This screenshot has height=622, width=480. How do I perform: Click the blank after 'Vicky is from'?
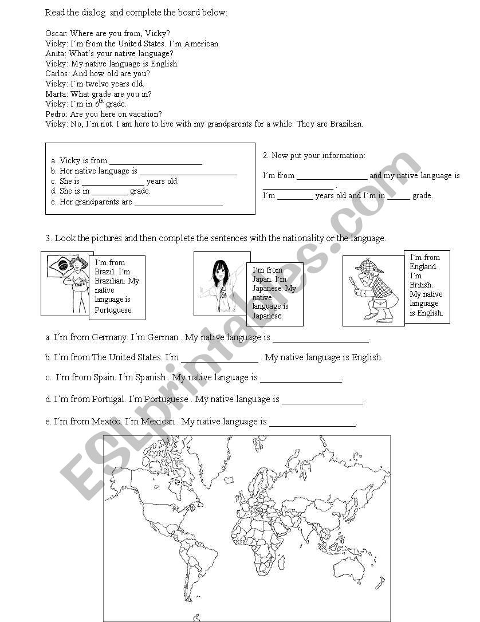(155, 161)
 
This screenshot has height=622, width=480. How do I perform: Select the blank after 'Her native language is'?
(188, 171)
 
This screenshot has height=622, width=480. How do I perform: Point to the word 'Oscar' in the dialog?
(55, 33)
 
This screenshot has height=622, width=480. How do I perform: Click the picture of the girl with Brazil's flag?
(67, 284)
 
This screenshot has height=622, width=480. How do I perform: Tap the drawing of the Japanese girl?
(221, 284)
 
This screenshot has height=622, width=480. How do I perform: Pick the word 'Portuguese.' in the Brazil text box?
(114, 310)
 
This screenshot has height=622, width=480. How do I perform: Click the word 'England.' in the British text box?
(423, 266)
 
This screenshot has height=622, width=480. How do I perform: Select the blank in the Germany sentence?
(321, 338)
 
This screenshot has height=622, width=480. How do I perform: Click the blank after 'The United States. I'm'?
(220, 358)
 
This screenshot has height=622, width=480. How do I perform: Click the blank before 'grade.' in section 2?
(399, 196)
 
